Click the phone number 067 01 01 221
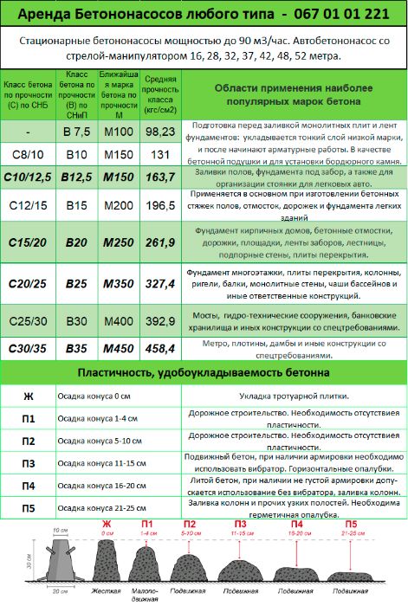click(x=327, y=14)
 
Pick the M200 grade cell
click(x=119, y=207)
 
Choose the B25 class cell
click(x=76, y=283)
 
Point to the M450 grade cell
click(x=119, y=348)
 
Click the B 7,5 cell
click(x=76, y=131)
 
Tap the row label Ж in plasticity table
click(x=29, y=397)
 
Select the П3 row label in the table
click(x=29, y=463)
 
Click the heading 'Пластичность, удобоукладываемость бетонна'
click(x=204, y=373)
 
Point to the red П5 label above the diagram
click(x=351, y=525)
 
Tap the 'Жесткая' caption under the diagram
click(x=107, y=590)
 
